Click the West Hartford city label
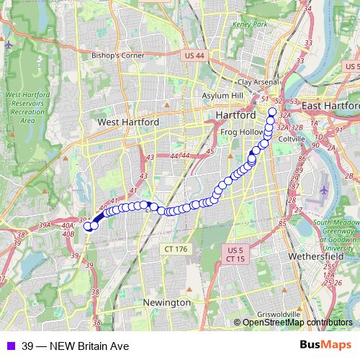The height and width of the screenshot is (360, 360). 128,122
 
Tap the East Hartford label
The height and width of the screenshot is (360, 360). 331,106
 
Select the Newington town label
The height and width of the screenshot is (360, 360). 166,302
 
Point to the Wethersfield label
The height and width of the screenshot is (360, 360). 318,256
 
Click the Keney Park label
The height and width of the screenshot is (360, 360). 250,24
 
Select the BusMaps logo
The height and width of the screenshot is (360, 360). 325,346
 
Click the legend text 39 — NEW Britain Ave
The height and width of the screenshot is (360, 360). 76,346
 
